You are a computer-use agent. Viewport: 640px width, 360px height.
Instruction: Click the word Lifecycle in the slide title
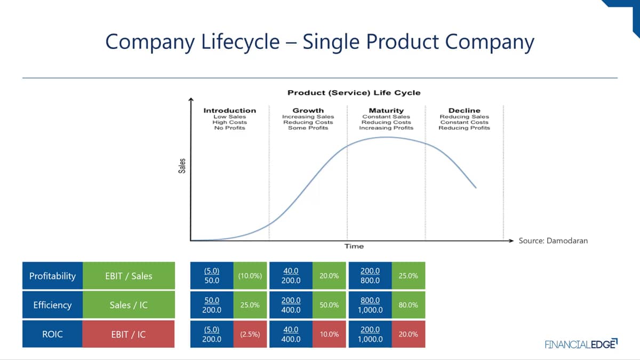(x=241, y=42)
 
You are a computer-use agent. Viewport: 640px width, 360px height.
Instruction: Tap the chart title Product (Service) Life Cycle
(x=354, y=93)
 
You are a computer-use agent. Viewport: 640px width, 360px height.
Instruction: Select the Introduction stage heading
(x=230, y=110)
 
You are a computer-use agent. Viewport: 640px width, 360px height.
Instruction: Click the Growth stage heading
(x=308, y=110)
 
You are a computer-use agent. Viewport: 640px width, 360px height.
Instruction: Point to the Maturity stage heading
(x=386, y=110)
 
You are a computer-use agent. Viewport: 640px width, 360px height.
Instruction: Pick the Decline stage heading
(x=465, y=110)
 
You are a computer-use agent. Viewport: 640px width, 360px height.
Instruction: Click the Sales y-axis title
(x=182, y=166)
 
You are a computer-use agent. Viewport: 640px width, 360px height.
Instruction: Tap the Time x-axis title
(x=354, y=246)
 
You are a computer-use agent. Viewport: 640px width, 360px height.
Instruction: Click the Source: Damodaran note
(x=553, y=241)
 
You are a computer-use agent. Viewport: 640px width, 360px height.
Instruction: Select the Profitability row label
(x=53, y=276)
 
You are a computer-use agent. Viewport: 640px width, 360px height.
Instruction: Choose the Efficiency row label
(x=53, y=305)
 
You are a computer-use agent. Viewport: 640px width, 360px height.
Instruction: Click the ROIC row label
(x=53, y=334)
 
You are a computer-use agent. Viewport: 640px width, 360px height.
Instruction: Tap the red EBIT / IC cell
(x=129, y=334)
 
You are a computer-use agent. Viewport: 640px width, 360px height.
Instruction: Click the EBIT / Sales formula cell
(x=129, y=276)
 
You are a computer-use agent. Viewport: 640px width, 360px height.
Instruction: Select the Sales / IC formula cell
(x=129, y=305)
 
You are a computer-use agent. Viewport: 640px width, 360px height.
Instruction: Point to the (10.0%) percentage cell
(x=250, y=276)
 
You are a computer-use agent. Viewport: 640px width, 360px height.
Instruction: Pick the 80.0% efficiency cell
(x=409, y=305)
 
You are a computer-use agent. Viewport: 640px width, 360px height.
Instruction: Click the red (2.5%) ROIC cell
(x=250, y=334)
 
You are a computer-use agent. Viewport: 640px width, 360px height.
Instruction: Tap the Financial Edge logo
(x=581, y=344)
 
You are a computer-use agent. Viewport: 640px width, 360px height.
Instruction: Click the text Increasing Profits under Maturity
(x=386, y=127)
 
